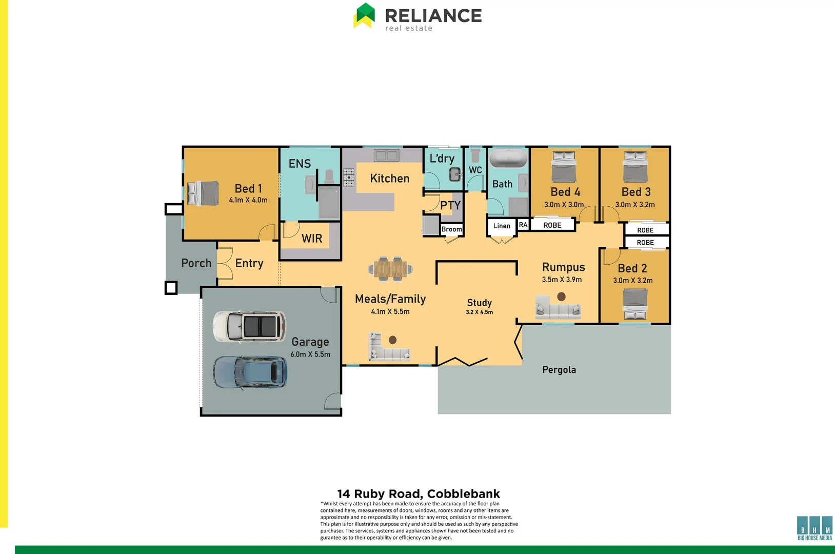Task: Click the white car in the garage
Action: [x=249, y=326]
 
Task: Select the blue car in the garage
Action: [x=250, y=372]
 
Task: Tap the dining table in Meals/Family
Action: [x=390, y=269]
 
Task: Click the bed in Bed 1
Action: [x=203, y=193]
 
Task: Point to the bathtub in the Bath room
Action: [x=508, y=158]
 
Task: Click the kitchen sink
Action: [x=386, y=155]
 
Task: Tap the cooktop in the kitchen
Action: [x=349, y=177]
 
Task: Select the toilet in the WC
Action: [x=475, y=154]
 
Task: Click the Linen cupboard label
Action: [x=502, y=226]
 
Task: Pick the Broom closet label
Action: [x=451, y=229]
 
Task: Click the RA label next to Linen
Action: [x=523, y=225]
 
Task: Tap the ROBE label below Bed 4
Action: [x=552, y=225]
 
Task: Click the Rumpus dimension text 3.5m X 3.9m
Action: [x=562, y=280]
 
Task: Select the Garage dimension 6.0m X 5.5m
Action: [x=310, y=354]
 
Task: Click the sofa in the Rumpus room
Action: [x=558, y=308]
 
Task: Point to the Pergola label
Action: [x=559, y=370]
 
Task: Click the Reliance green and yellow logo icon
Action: [x=364, y=15]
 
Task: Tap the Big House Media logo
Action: [x=814, y=528]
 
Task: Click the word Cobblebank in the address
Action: [x=463, y=494]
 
